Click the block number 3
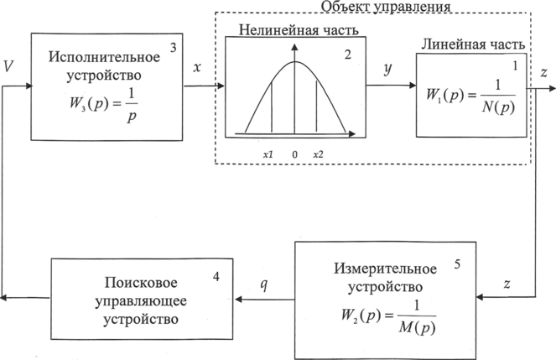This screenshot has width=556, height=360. tap(172, 48)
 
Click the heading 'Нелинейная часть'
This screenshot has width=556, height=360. tap(288, 30)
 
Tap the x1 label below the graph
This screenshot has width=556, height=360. tap(268, 154)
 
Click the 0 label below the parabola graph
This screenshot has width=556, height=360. tap(294, 154)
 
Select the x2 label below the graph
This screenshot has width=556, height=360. tap(319, 154)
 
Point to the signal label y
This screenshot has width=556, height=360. tap(387, 70)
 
